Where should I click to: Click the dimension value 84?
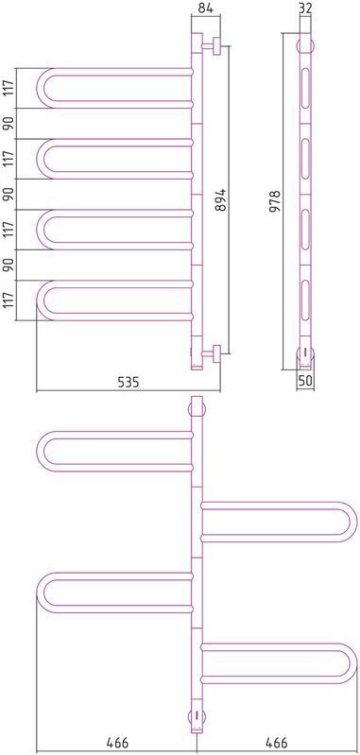(x=205, y=8)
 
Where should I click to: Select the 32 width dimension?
(x=305, y=8)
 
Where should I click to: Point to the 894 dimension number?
(x=219, y=198)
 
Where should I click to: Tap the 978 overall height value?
(x=275, y=201)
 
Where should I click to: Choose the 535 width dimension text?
(x=129, y=383)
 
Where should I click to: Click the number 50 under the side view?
(x=305, y=380)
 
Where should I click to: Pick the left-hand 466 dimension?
(x=117, y=742)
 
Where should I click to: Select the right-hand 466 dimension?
(x=276, y=742)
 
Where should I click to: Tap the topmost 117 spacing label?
(x=9, y=89)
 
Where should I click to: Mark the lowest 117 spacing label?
(x=9, y=300)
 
